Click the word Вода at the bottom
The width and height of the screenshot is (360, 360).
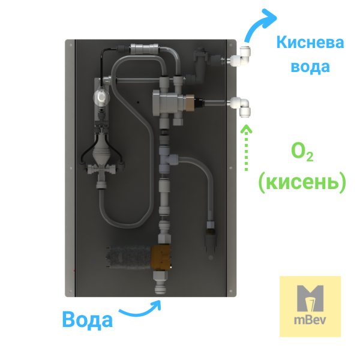[x=88, y=319]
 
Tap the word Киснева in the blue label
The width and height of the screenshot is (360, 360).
[x=310, y=43]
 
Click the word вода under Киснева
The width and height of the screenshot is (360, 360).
[x=310, y=67]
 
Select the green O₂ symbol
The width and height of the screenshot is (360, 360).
[x=302, y=152]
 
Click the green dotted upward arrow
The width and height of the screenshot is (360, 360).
[x=247, y=148]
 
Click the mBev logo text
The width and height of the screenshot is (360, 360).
[x=310, y=320]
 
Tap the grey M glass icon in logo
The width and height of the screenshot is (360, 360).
[x=310, y=298]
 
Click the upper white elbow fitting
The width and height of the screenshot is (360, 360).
[x=240, y=57]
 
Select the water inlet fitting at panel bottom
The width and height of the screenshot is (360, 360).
[x=160, y=283]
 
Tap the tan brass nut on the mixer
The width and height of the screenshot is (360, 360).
[x=190, y=103]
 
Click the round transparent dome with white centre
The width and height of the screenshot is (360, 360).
[x=101, y=98]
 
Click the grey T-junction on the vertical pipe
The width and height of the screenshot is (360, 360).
[x=167, y=160]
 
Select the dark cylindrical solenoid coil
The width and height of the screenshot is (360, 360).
[x=129, y=257]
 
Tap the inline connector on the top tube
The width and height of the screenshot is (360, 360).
[x=144, y=49]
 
